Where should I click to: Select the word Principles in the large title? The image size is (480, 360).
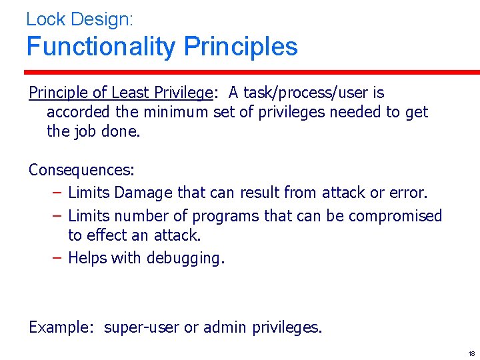(x=241, y=47)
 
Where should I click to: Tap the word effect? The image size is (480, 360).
(x=105, y=235)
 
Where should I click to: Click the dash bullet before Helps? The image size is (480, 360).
(x=57, y=258)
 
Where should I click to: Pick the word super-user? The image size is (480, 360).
(x=142, y=327)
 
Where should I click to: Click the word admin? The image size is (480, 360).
(x=225, y=327)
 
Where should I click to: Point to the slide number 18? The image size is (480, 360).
(x=471, y=353)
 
